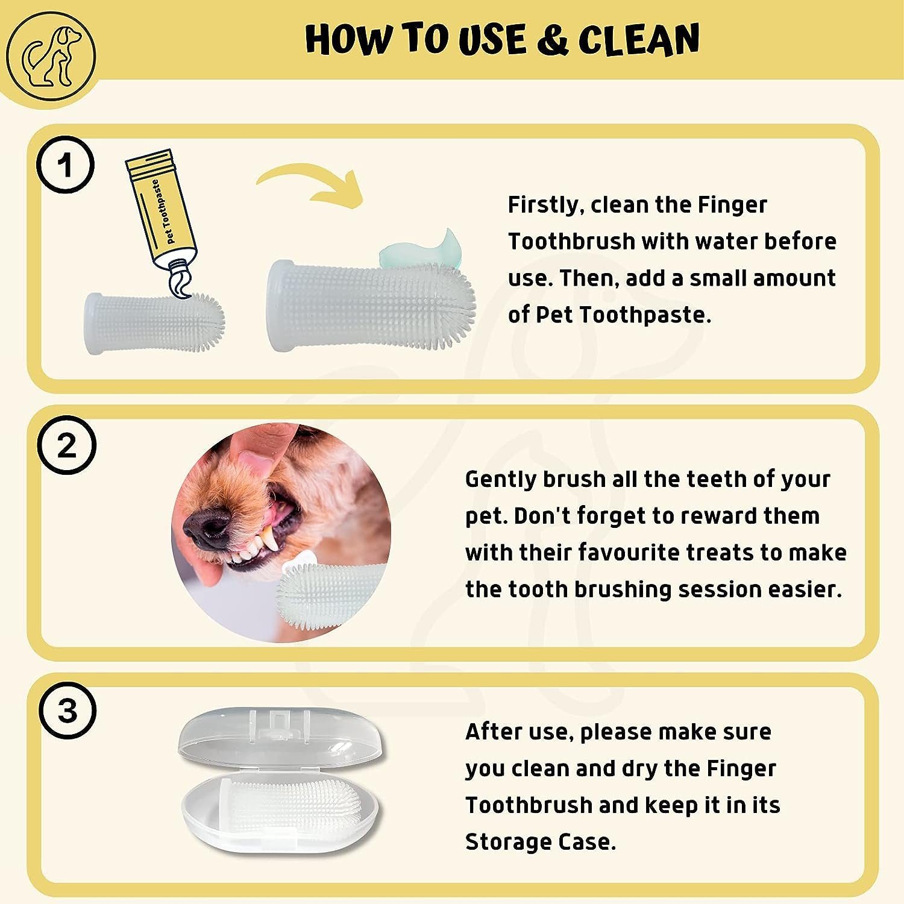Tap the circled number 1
tap(66, 165)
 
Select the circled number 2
tap(67, 447)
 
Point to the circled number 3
tap(67, 711)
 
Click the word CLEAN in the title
tap(639, 40)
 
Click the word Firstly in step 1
tap(543, 206)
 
